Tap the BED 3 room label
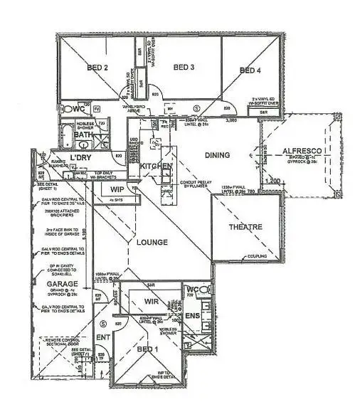[183, 68]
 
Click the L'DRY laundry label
[83, 158]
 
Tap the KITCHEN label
[156, 166]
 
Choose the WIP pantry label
[118, 189]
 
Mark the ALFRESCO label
[303, 152]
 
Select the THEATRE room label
[245, 227]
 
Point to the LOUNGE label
[147, 243]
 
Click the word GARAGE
[63, 283]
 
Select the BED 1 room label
[147, 349]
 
